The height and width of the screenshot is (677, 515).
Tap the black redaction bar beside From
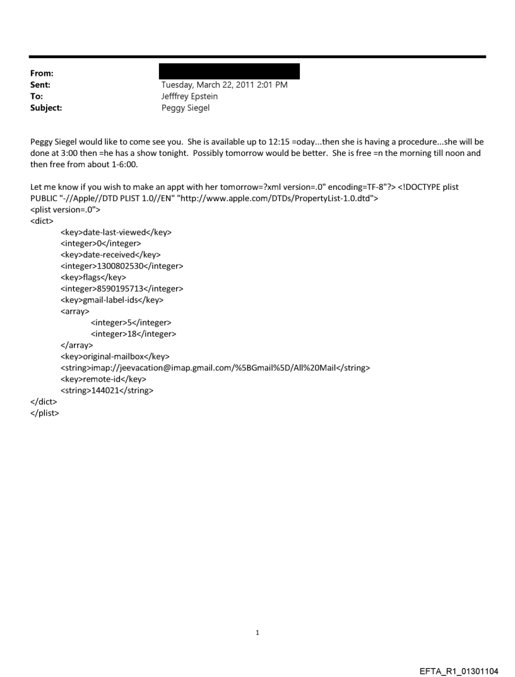click(230, 71)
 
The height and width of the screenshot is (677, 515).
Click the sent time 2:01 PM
click(271, 85)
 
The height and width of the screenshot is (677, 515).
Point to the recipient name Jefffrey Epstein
click(190, 97)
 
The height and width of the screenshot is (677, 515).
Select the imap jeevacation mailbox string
click(215, 368)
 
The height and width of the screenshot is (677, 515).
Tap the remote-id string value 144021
click(107, 391)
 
